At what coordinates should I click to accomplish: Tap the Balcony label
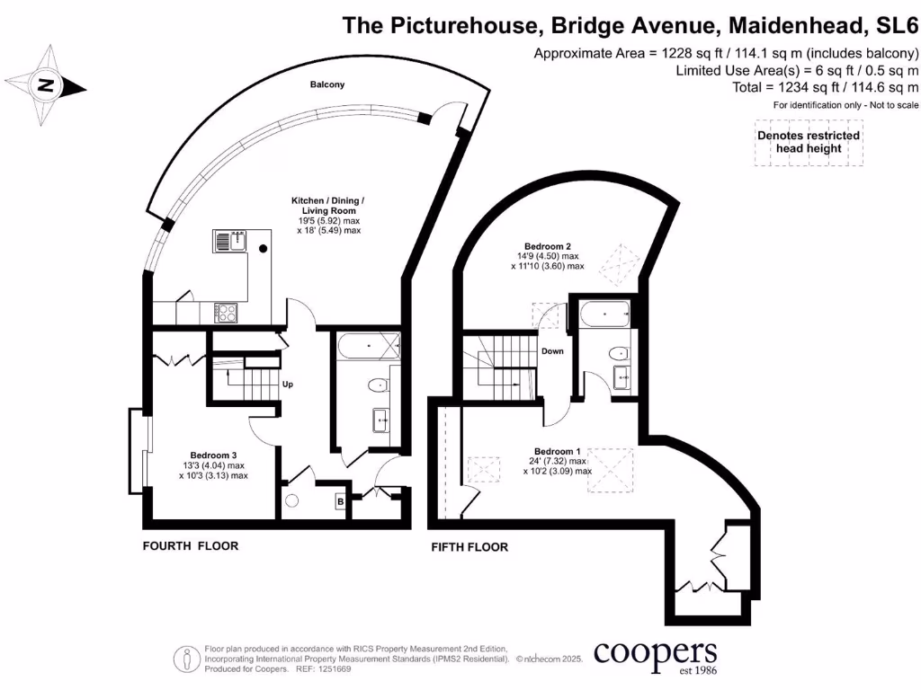[x=327, y=84]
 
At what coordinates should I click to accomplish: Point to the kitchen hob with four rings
[x=225, y=312]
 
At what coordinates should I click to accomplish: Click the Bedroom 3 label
[x=213, y=455]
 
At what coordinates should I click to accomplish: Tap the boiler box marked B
[x=340, y=501]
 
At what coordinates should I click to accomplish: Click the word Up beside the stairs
[x=289, y=385]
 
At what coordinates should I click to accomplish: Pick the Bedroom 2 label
[x=548, y=246]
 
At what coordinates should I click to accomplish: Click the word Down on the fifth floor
[x=552, y=351]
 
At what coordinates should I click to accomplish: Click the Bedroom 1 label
[x=558, y=451]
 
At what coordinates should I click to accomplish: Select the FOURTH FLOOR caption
[x=191, y=546]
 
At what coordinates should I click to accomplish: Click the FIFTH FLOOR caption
[x=469, y=547]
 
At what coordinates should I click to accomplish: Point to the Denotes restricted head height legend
[x=808, y=142]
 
